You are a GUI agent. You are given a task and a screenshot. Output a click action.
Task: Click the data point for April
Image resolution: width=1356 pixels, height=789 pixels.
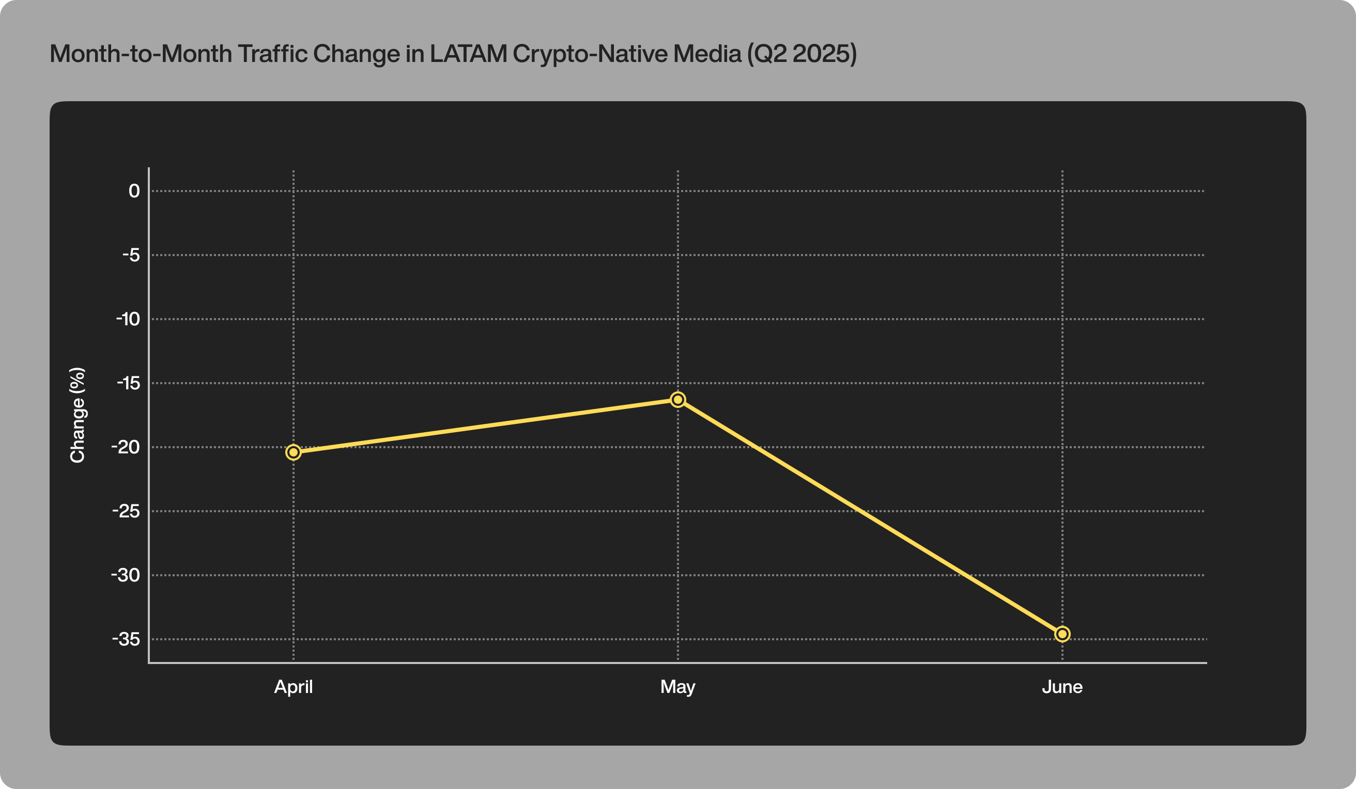tap(293, 452)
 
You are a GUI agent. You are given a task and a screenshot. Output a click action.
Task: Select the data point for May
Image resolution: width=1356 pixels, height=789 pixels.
tap(678, 399)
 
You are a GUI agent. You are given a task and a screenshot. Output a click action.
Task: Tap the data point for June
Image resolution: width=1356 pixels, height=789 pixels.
tap(1062, 634)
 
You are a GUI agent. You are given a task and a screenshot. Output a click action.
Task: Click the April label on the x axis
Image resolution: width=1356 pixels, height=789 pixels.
tap(293, 687)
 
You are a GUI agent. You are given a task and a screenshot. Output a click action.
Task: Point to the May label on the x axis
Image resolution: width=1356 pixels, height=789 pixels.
tap(678, 687)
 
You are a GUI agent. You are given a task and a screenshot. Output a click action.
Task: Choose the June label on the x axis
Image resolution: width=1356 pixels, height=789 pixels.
tap(1062, 687)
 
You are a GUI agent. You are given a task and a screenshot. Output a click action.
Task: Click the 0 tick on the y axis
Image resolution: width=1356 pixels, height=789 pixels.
tap(134, 191)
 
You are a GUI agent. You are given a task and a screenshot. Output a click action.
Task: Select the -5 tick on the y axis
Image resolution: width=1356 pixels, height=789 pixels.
tap(131, 255)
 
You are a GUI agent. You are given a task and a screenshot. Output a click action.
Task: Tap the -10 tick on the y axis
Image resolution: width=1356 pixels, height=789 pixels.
tap(128, 319)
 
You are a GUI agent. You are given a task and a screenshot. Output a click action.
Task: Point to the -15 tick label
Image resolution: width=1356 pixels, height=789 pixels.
tap(128, 383)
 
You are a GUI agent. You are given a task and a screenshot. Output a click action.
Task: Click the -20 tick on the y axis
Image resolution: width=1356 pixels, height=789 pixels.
tap(126, 447)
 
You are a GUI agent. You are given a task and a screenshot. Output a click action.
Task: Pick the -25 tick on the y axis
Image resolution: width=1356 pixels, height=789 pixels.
tap(126, 511)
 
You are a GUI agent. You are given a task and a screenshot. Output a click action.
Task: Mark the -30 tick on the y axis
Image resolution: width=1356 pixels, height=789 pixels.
tap(126, 575)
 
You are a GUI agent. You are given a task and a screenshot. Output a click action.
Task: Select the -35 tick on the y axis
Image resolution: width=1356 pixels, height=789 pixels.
tap(126, 639)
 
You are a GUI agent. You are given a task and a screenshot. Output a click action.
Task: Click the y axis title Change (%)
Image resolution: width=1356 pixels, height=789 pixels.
tap(78, 415)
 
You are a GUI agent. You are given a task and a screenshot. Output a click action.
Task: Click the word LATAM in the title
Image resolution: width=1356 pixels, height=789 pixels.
tap(468, 54)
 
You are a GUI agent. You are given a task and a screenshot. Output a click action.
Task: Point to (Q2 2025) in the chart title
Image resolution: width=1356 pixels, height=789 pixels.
tap(801, 54)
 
